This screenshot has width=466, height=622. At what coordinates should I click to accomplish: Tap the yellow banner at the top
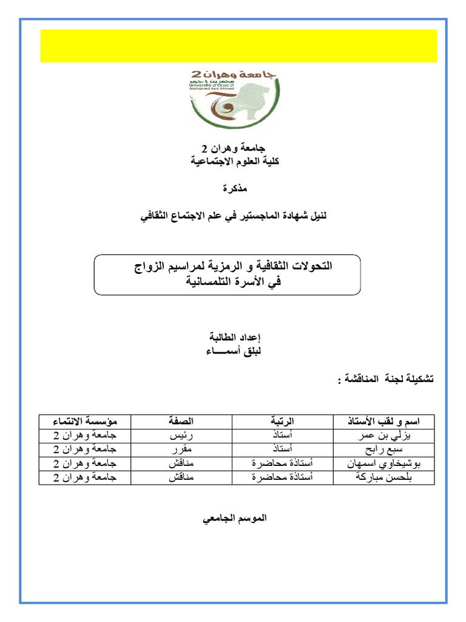[238, 46]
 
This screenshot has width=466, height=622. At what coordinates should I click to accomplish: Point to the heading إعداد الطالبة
[234, 337]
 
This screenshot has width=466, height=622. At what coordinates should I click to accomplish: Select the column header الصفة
[181, 421]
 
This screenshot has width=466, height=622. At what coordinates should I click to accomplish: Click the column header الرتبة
[282, 421]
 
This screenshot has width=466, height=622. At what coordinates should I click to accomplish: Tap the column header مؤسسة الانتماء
[85, 421]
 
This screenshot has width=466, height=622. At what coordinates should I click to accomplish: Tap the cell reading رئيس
[181, 436]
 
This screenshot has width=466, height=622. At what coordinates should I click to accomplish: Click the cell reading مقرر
[181, 450]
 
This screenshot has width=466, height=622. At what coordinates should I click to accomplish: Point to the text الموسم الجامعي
[234, 519]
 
